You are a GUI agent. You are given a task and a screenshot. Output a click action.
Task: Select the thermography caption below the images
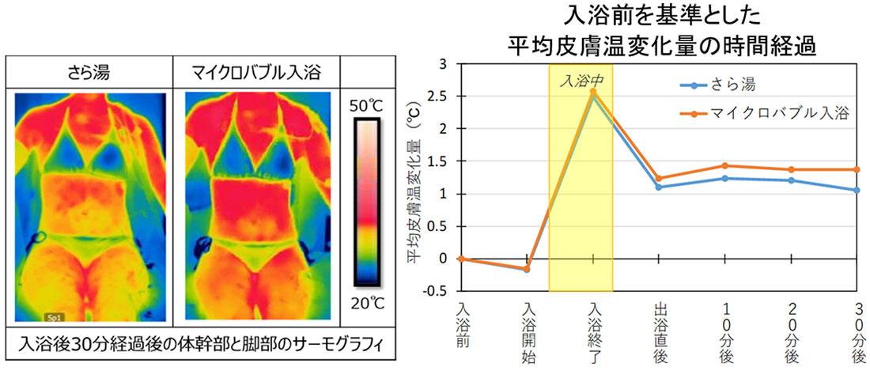pyautogui.click(x=200, y=346)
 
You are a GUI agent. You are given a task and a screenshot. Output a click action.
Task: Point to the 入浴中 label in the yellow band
pyautogui.click(x=581, y=80)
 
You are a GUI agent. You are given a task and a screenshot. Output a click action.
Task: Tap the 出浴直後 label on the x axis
pyautogui.click(x=658, y=332)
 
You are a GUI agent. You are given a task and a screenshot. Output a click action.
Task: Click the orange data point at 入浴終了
pyautogui.click(x=593, y=92)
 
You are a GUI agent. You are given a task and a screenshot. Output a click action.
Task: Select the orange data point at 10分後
pyautogui.click(x=725, y=166)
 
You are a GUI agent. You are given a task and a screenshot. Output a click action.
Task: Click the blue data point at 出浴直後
pyautogui.click(x=659, y=187)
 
